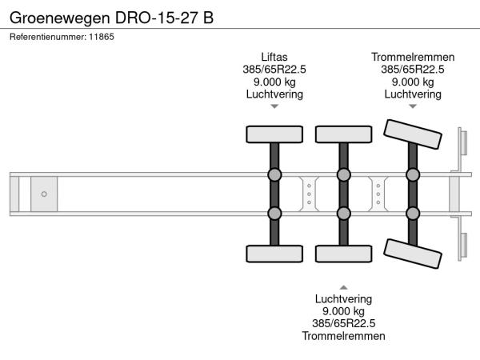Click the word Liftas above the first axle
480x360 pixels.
pos(274,57)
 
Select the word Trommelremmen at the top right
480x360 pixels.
pos(413,57)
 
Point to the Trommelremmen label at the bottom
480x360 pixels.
pos(343,336)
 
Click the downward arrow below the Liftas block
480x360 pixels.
pos(274,106)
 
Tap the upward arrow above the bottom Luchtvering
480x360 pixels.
pos(343,286)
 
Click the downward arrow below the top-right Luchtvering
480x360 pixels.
pos(413,106)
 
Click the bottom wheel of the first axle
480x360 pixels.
pos(274,254)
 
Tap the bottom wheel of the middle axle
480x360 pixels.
pos(343,254)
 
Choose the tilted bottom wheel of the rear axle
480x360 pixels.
pos(413,255)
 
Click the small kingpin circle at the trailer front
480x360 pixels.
pos(44,194)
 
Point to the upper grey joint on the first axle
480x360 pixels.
pos(274,175)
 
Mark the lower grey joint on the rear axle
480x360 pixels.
pos(413,213)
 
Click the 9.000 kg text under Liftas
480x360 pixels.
pos(274,82)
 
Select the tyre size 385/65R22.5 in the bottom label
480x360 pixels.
pos(343,323)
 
